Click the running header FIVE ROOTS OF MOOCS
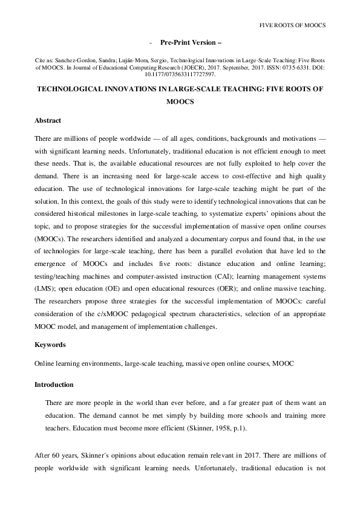click(292, 25)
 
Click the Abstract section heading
click(48, 120)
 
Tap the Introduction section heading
click(54, 384)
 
